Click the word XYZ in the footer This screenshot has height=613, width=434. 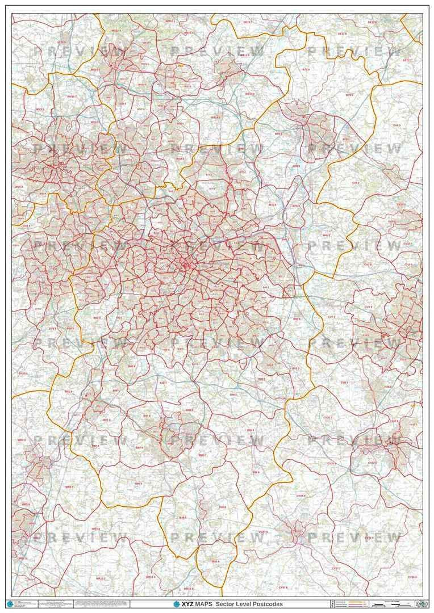point(187,604)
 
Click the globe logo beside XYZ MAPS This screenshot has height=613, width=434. point(176,604)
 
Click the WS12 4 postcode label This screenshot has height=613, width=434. point(116,31)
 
